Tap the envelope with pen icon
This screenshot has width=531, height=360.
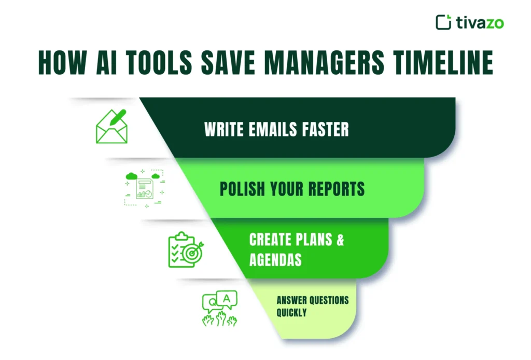point(111,126)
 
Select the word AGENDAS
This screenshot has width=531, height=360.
point(275,259)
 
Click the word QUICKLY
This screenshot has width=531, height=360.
point(291,313)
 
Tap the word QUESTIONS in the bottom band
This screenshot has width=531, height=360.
point(327,300)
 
